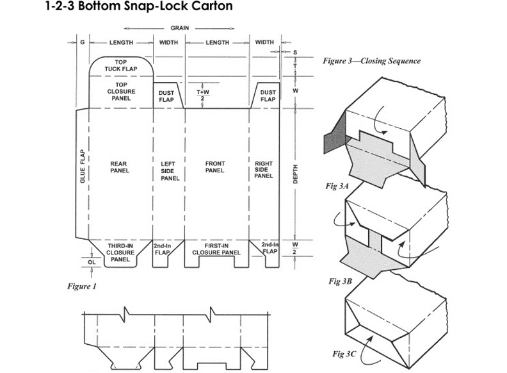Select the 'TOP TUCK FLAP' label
coord(122,65)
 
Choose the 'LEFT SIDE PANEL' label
coord(170,170)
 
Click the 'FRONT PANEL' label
coord(214,167)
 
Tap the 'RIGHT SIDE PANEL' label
coord(264,170)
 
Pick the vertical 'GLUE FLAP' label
coord(82,167)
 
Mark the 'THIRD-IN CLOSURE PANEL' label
coord(120,253)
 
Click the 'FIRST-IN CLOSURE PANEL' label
coord(216,249)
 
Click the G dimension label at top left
coord(83,42)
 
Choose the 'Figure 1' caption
coord(82,286)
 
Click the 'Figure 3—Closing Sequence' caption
coord(372,62)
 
